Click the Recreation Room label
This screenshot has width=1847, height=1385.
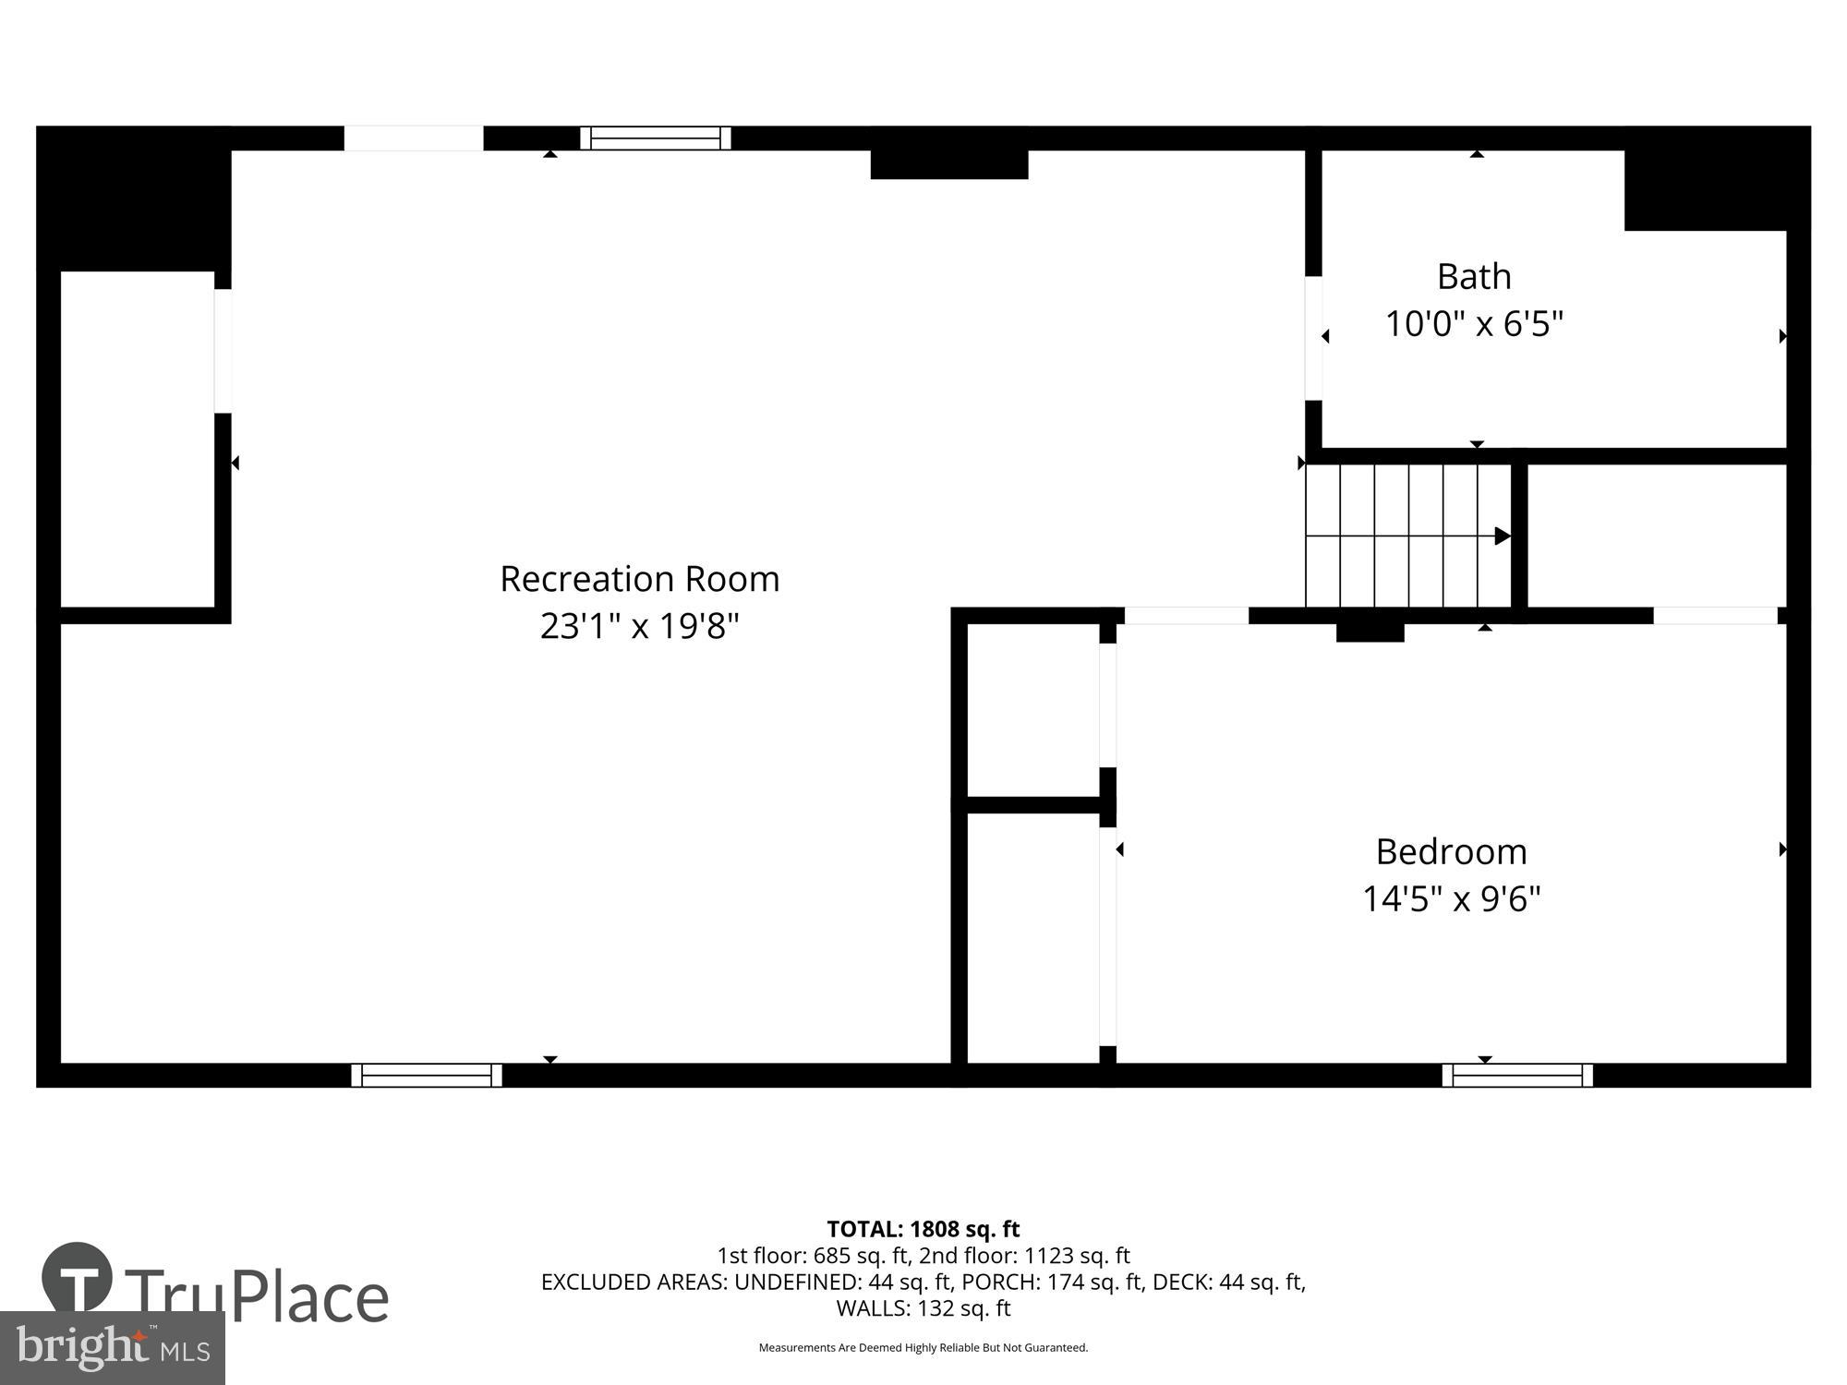tap(639, 579)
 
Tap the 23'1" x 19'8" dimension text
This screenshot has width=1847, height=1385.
tap(639, 626)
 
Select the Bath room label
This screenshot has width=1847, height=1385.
tap(1474, 276)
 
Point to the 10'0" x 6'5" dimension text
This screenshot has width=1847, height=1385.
tap(1474, 324)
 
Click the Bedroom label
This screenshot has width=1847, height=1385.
tap(1451, 851)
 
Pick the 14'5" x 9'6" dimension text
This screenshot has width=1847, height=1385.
tap(1451, 898)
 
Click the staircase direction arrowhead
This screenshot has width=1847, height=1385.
tap(1503, 536)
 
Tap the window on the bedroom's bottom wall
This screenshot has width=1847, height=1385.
tap(1517, 1075)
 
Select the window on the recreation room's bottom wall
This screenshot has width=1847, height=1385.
tap(426, 1075)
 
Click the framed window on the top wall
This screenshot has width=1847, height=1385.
tap(655, 138)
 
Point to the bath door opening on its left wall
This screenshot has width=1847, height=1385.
tap(1313, 338)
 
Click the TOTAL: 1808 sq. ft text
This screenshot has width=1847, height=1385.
tap(923, 1229)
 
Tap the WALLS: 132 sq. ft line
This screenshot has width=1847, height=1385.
tap(923, 1308)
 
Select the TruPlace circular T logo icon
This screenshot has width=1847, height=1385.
tap(78, 1279)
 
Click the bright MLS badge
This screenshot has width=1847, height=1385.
tap(112, 1348)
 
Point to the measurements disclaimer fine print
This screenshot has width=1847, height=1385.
tap(923, 1348)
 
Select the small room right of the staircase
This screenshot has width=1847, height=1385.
tap(1656, 536)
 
